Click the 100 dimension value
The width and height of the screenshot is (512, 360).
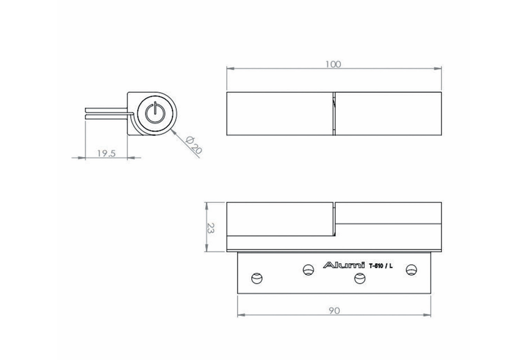point(333,64)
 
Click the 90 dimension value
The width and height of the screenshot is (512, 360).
point(334,311)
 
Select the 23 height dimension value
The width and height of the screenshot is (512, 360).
point(211,228)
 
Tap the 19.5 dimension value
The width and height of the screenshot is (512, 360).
point(106,153)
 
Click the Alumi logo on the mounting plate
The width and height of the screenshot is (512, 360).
point(344,265)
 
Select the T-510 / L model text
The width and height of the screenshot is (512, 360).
point(381,266)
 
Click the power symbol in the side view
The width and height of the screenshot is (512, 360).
point(154,113)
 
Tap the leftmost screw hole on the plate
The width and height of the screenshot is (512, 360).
point(257,278)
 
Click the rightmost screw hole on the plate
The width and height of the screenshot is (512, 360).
point(412,270)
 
